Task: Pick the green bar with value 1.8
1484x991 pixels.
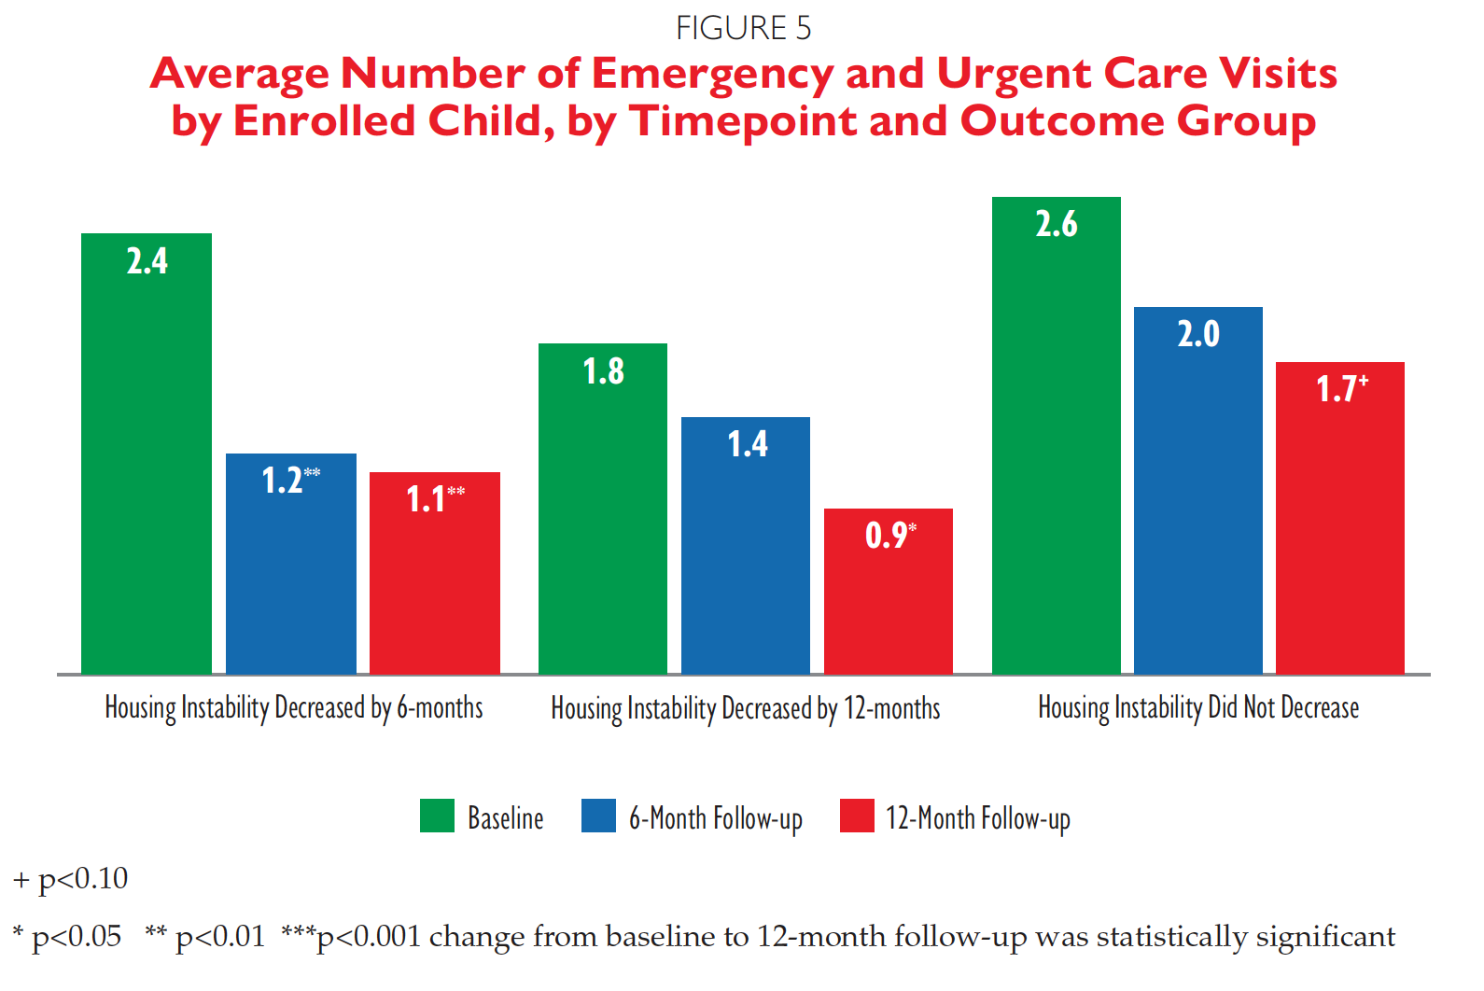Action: [603, 509]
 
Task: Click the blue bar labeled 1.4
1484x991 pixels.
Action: [746, 545]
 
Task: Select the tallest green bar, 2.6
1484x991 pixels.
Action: [1057, 435]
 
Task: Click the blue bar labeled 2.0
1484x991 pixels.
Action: [1198, 490]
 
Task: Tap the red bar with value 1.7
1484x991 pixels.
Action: [1340, 518]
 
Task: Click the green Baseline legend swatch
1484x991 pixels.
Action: [437, 816]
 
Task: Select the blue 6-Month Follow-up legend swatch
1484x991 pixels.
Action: [598, 816]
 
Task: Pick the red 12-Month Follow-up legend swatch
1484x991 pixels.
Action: [857, 816]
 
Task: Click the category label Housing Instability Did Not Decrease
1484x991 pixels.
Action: [1198, 708]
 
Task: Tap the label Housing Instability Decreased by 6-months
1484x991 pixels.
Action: [294, 708]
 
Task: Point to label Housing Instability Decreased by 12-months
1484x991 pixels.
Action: [746, 709]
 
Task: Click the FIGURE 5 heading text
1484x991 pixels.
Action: [744, 29]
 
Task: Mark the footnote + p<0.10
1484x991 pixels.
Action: [71, 879]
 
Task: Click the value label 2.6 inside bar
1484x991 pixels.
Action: [1057, 225]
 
